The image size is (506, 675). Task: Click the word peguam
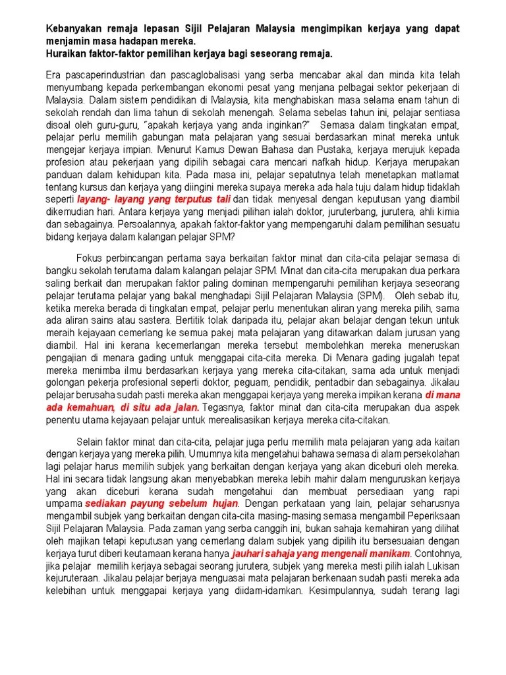tap(248, 384)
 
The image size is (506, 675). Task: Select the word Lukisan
tap(441, 566)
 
